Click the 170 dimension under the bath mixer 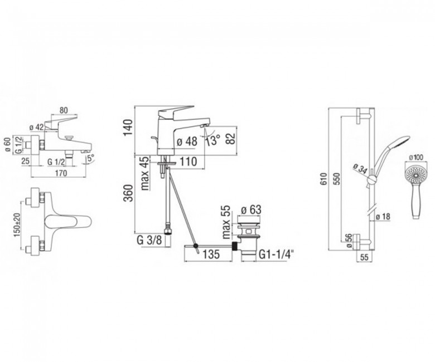click(x=61, y=173)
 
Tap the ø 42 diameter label click(x=36, y=128)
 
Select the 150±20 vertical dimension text click(x=17, y=225)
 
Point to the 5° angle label click(x=91, y=158)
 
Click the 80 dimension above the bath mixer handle click(x=64, y=110)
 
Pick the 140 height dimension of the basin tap click(x=128, y=128)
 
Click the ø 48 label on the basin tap click(x=187, y=141)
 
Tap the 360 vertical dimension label click(x=128, y=193)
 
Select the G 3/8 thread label click(x=149, y=240)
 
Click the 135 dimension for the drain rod click(x=211, y=254)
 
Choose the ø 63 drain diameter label click(x=251, y=209)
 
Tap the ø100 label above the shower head click(x=415, y=158)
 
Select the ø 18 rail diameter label click(x=383, y=217)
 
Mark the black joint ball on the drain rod click(x=196, y=246)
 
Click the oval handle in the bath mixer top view click(x=68, y=222)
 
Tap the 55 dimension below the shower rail click(x=365, y=257)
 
